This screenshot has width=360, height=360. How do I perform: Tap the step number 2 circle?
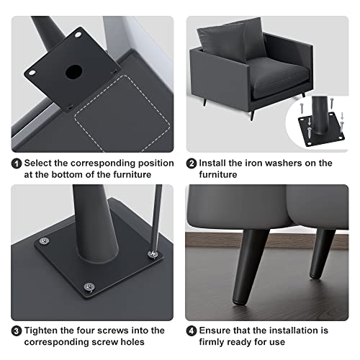(x=192, y=163)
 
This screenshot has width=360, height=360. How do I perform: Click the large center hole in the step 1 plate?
(x=72, y=72)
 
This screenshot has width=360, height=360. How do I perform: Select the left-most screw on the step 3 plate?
(x=45, y=240)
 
